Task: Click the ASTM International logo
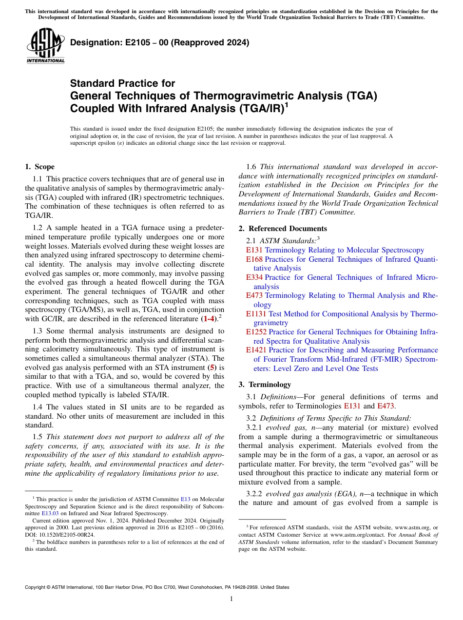[45, 46]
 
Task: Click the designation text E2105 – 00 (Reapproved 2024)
[160, 42]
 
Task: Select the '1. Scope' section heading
[40, 167]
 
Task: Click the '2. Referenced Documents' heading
[283, 229]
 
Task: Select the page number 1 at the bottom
[231, 599]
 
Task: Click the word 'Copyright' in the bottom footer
[37, 587]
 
